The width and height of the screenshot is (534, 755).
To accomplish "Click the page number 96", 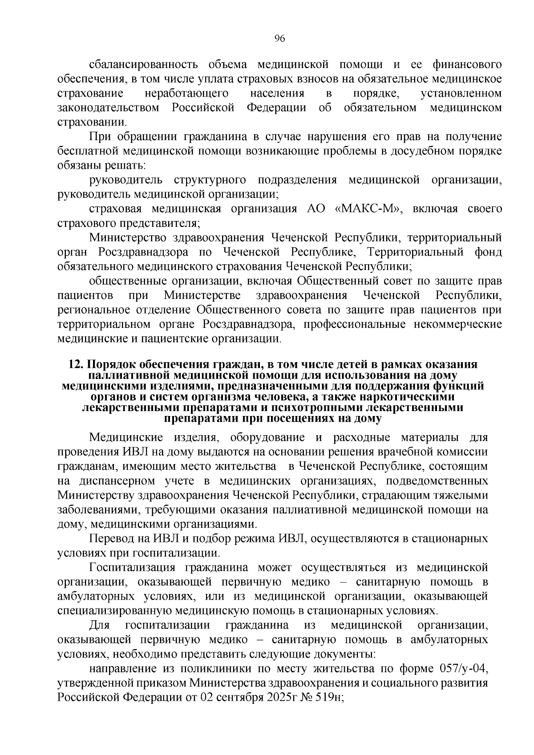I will (x=279, y=38).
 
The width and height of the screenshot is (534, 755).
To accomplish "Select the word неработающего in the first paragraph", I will (x=187, y=93).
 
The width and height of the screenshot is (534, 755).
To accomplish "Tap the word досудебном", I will (x=422, y=151).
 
